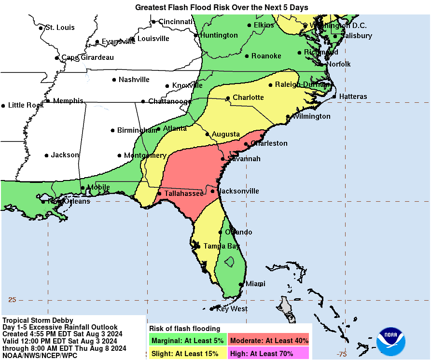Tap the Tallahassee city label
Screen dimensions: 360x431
pyautogui.click(x=184, y=193)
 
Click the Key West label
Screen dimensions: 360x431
pyautogui.click(x=232, y=309)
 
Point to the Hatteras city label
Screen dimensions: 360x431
pyautogui.click(x=353, y=97)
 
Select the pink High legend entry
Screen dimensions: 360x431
pyautogui.click(x=269, y=353)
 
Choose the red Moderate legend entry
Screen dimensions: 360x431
pyautogui.click(x=269, y=340)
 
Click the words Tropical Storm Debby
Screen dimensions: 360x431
pyautogui.click(x=38, y=320)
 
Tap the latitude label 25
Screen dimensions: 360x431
pyautogui.click(x=12, y=300)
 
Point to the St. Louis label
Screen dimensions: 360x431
pyautogui.click(x=60, y=28)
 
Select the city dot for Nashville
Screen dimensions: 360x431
pyautogui.click(x=114, y=80)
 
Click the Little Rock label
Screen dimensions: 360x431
pyautogui.click(x=26, y=105)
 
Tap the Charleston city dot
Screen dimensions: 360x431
pyautogui.click(x=246, y=143)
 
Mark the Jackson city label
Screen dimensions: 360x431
pyautogui.click(x=65, y=155)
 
